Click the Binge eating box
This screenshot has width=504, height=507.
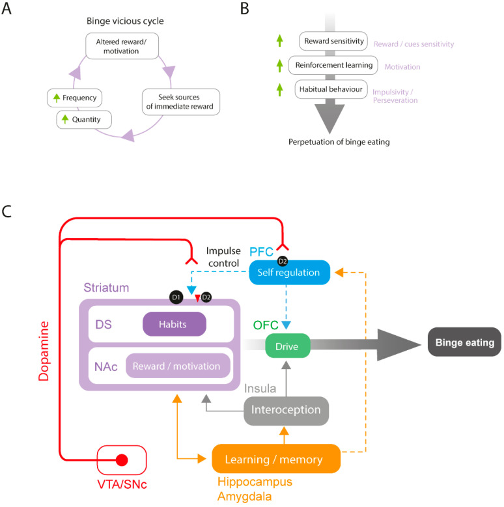[x=460, y=342]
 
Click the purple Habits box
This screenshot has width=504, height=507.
[x=173, y=323]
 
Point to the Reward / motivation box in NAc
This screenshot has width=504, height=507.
[x=177, y=366]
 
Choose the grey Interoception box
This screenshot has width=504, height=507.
[x=286, y=410]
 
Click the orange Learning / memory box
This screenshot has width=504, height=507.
[x=276, y=459]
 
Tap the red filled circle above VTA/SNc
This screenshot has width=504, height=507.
[x=121, y=461]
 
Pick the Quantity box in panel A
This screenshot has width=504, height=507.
[x=77, y=120]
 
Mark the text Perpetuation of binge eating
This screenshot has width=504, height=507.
[x=331, y=142]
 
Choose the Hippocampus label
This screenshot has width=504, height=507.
[x=254, y=482]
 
